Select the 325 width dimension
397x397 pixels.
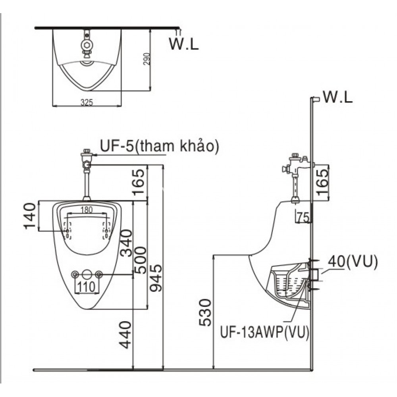[x=87, y=102]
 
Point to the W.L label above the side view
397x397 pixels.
[x=338, y=97]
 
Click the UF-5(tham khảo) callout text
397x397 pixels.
[x=159, y=147]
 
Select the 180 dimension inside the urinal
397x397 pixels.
[x=87, y=209]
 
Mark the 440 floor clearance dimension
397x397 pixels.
[x=126, y=335]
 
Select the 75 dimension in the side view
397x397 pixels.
[x=303, y=217]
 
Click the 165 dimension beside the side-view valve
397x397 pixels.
[x=323, y=181]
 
